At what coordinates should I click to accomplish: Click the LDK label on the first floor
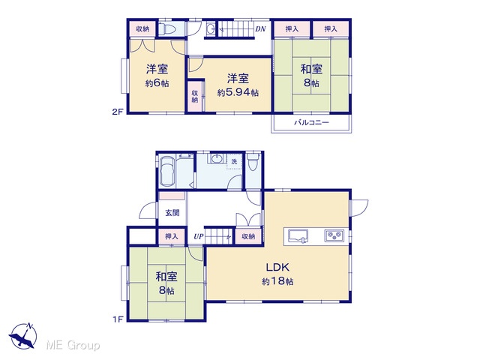tap(277, 267)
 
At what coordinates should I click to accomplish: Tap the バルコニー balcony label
tap(311, 122)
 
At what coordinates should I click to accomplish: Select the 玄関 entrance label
tap(172, 212)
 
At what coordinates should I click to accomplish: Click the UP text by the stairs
tap(198, 237)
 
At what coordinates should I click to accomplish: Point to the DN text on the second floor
tap(260, 29)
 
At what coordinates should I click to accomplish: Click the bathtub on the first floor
tap(167, 172)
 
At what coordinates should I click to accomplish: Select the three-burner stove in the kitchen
tap(334, 235)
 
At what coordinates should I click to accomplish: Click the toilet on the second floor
tap(166, 29)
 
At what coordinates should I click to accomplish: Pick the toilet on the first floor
tap(253, 162)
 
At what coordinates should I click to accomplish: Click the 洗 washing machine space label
tap(234, 161)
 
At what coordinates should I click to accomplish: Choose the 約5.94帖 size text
tap(238, 92)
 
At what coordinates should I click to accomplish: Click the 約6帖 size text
tap(157, 83)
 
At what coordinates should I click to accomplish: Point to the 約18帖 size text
tap(277, 281)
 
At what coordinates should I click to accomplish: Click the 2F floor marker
tap(118, 112)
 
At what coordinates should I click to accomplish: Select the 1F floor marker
tap(118, 319)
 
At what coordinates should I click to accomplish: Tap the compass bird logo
tap(23, 335)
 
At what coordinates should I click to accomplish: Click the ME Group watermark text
tap(73, 345)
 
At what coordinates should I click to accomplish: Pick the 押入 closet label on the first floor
tap(172, 236)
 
